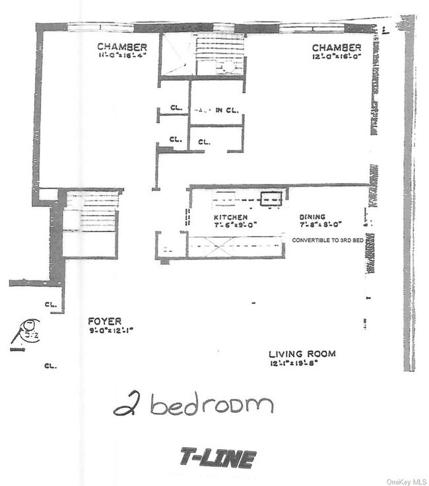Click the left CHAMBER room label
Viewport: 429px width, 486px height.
[x=121, y=47]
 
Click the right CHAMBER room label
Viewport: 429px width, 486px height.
[x=337, y=47]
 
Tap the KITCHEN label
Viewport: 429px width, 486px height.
[x=230, y=217]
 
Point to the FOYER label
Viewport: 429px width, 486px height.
[x=105, y=321]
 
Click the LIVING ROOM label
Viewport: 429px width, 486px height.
[x=302, y=354]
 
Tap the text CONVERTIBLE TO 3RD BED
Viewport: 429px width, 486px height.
[x=329, y=240]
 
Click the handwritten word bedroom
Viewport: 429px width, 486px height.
[x=211, y=404]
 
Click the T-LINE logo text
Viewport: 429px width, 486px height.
[x=217, y=458]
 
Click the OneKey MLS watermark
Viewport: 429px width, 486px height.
[x=405, y=480]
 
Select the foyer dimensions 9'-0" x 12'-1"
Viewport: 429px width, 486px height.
[x=111, y=330]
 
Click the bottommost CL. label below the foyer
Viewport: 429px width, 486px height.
[x=49, y=365]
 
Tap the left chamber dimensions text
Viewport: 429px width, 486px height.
[x=121, y=55]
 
